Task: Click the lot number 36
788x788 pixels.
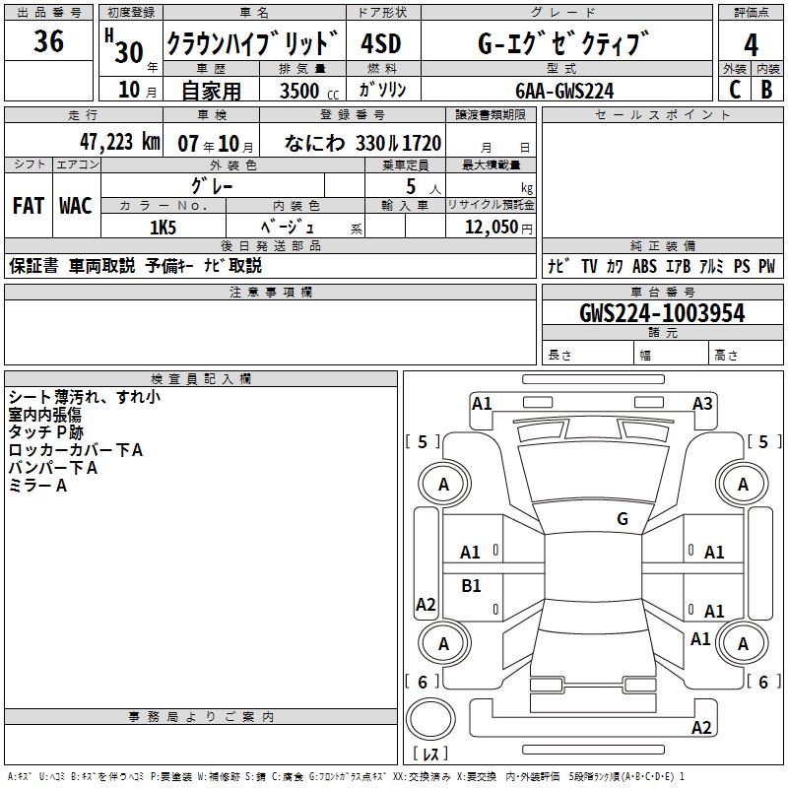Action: (48, 42)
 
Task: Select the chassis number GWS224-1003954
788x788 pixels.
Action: (662, 313)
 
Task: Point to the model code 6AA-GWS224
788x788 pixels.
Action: (564, 91)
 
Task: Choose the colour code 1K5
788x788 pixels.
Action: (163, 227)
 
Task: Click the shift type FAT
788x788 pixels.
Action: (28, 206)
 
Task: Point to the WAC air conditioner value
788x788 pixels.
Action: (76, 206)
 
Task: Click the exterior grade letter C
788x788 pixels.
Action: (734, 90)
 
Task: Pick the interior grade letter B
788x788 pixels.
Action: (766, 90)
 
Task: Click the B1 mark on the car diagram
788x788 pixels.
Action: (472, 586)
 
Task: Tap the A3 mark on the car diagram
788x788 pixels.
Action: (702, 403)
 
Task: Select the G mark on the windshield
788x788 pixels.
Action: (622, 519)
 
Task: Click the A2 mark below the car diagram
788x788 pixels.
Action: (701, 728)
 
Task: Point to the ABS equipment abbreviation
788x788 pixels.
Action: (644, 266)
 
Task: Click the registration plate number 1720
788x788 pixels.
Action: (421, 143)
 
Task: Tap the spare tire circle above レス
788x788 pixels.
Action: (430, 720)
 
